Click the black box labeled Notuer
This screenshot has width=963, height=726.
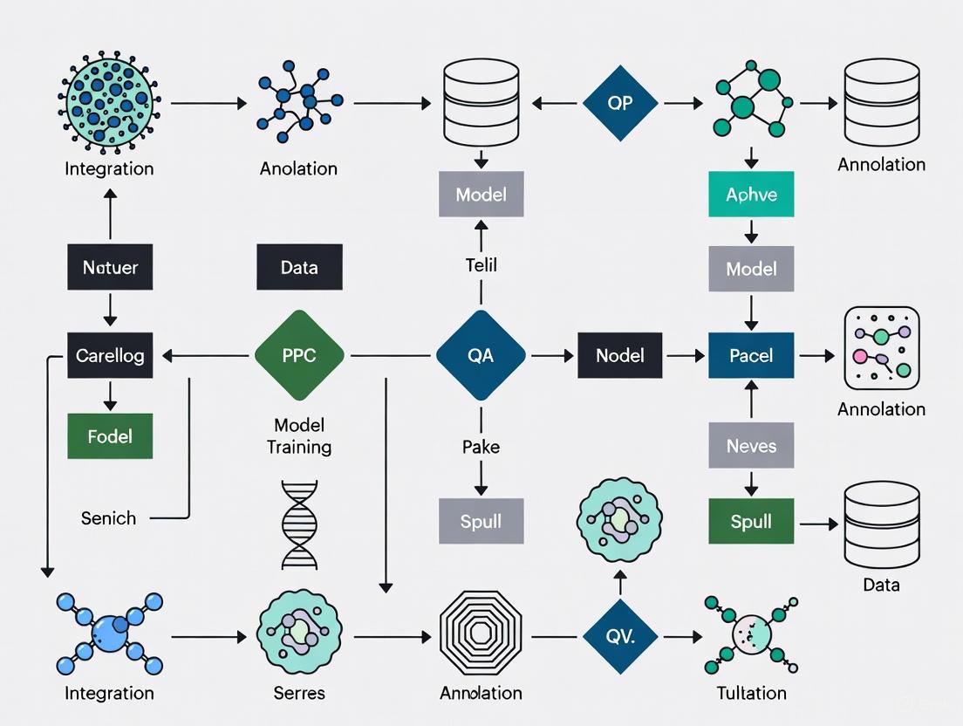(110, 267)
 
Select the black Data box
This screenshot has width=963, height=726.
(299, 267)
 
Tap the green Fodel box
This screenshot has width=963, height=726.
(110, 435)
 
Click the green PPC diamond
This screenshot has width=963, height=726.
(299, 355)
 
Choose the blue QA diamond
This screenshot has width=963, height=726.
(481, 355)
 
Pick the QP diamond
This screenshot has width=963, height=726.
(620, 103)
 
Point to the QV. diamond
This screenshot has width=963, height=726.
(620, 637)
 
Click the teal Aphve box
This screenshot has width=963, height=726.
(751, 194)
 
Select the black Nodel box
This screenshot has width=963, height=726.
(620, 355)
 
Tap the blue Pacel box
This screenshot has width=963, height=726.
(751, 355)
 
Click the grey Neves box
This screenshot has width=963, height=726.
(751, 446)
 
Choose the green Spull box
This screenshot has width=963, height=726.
(751, 521)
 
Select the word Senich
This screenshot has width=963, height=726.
(109, 518)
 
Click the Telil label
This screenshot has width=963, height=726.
(481, 264)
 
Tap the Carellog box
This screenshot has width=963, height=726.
(110, 355)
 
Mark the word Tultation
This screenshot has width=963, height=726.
(751, 693)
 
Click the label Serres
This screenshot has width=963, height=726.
(299, 693)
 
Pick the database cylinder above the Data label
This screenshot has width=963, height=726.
(881, 524)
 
